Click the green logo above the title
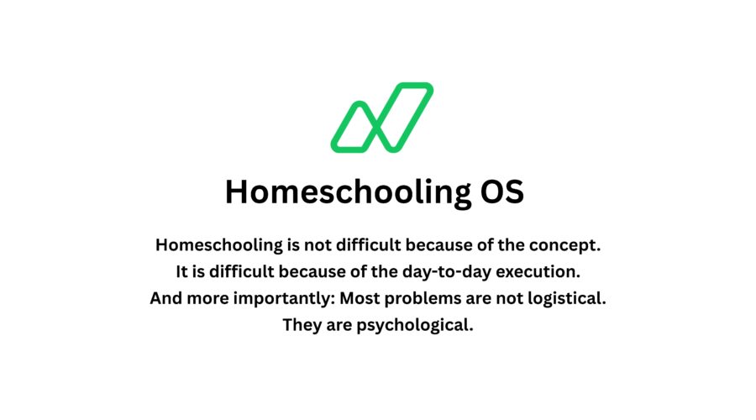(381, 118)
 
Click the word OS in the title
(502, 192)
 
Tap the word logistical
(565, 298)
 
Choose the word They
(302, 325)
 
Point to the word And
(167, 298)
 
